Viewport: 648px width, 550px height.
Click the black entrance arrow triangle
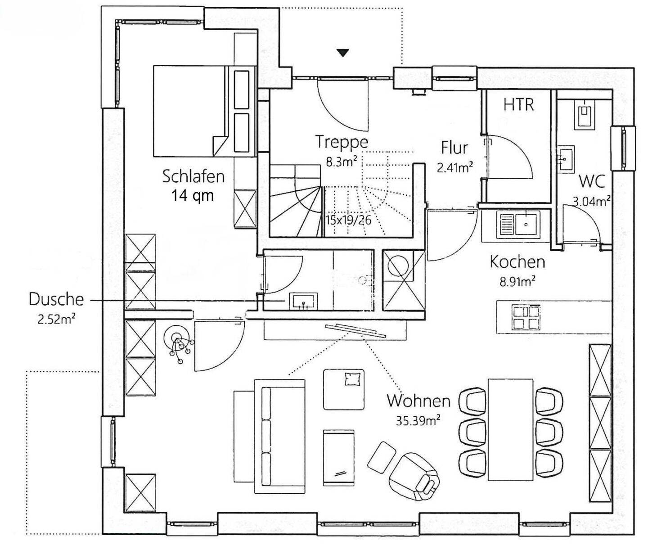click(343, 53)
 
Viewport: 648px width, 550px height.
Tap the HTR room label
click(518, 104)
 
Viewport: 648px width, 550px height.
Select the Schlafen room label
click(193, 176)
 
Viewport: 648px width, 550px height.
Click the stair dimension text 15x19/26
click(348, 220)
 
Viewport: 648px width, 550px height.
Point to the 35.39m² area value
click(418, 420)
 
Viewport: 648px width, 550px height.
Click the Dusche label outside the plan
click(56, 299)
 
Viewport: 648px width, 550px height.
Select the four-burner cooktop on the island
click(526, 317)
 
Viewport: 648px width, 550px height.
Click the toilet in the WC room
click(584, 114)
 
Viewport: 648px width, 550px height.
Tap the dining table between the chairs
click(510, 429)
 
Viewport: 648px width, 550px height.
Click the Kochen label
click(517, 261)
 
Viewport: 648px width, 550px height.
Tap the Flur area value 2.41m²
click(454, 168)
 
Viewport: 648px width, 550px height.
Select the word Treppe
click(342, 142)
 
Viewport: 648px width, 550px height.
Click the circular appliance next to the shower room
click(397, 266)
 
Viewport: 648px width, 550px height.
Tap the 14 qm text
click(192, 195)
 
